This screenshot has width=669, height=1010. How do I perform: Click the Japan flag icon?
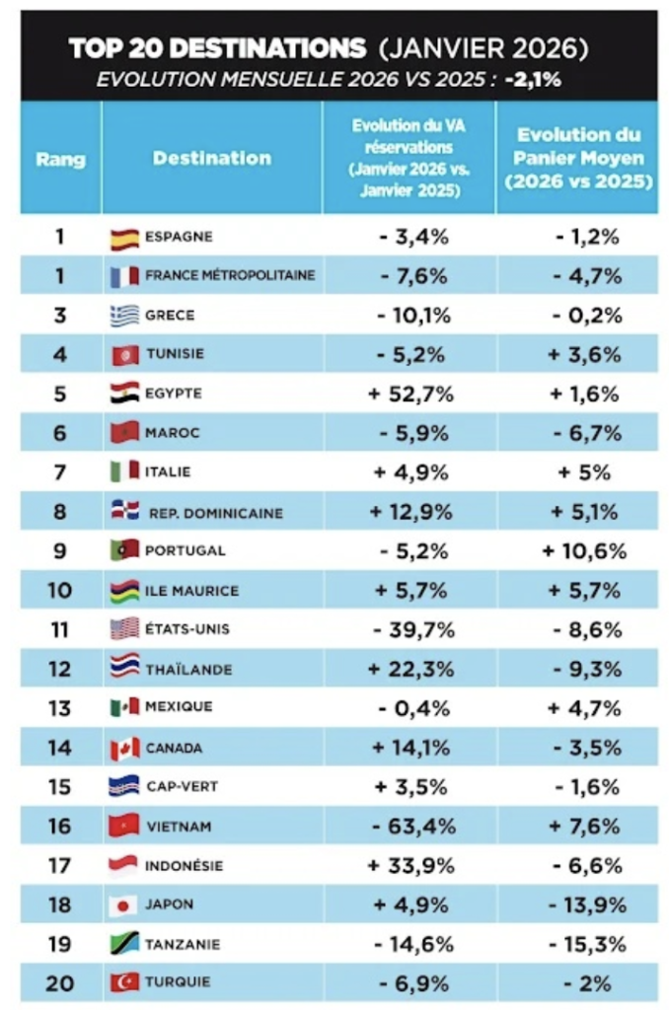tap(123, 906)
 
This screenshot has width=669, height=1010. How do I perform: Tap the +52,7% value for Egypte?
tap(410, 394)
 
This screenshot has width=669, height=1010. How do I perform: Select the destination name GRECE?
tap(170, 315)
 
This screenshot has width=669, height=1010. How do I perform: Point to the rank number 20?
tap(60, 983)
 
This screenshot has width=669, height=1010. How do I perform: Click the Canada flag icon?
tap(124, 749)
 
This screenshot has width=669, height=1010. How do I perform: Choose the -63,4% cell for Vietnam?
tap(413, 827)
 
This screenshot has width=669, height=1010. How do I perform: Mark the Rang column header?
tap(60, 159)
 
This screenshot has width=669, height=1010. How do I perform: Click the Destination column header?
tap(212, 158)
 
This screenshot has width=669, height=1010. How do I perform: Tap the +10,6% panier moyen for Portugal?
tap(584, 551)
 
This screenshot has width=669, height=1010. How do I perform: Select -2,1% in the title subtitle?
tap(533, 79)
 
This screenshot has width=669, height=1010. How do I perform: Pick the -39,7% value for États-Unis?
tap(413, 629)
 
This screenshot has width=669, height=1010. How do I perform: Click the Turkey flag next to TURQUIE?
tap(124, 982)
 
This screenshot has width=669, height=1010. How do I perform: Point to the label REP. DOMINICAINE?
tap(216, 513)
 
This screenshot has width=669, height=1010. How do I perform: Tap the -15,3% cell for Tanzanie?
tap(586, 944)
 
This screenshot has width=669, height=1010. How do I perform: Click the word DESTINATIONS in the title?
tap(268, 48)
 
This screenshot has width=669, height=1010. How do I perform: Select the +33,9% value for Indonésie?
tap(410, 866)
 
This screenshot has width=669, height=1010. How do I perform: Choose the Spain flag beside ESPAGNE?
tap(124, 240)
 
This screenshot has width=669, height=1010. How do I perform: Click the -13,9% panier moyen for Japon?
tap(586, 905)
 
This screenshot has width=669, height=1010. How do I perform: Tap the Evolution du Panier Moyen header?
tap(579, 158)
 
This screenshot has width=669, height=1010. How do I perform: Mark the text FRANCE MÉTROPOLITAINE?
tap(230, 275)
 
